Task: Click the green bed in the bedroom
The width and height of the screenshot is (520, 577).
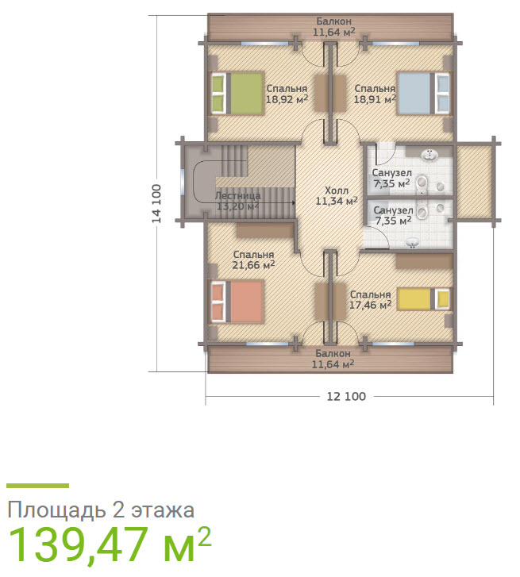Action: click(237, 94)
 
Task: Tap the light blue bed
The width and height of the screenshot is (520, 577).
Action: click(424, 94)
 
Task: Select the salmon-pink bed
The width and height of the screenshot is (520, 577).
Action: click(237, 302)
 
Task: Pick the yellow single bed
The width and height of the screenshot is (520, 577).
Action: click(424, 298)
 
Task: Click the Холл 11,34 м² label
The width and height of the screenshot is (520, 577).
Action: click(337, 196)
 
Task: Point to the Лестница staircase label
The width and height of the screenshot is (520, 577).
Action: click(237, 195)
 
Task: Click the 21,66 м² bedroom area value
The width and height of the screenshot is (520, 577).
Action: click(253, 265)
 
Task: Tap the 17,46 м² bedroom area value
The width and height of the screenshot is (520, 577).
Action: click(370, 305)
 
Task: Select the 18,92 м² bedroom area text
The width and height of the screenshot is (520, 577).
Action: click(287, 99)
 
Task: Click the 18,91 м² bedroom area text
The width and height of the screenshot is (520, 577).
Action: click(375, 99)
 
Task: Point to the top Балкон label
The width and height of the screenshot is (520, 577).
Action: click(334, 21)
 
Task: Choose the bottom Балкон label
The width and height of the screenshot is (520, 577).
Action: click(333, 353)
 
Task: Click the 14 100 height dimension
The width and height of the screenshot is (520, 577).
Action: click(156, 203)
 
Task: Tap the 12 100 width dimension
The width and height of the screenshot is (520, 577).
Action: click(346, 396)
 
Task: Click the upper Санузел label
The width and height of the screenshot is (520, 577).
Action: click(392, 172)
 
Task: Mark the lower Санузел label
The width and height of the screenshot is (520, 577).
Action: click(394, 210)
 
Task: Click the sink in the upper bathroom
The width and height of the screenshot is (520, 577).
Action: click(429, 155)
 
